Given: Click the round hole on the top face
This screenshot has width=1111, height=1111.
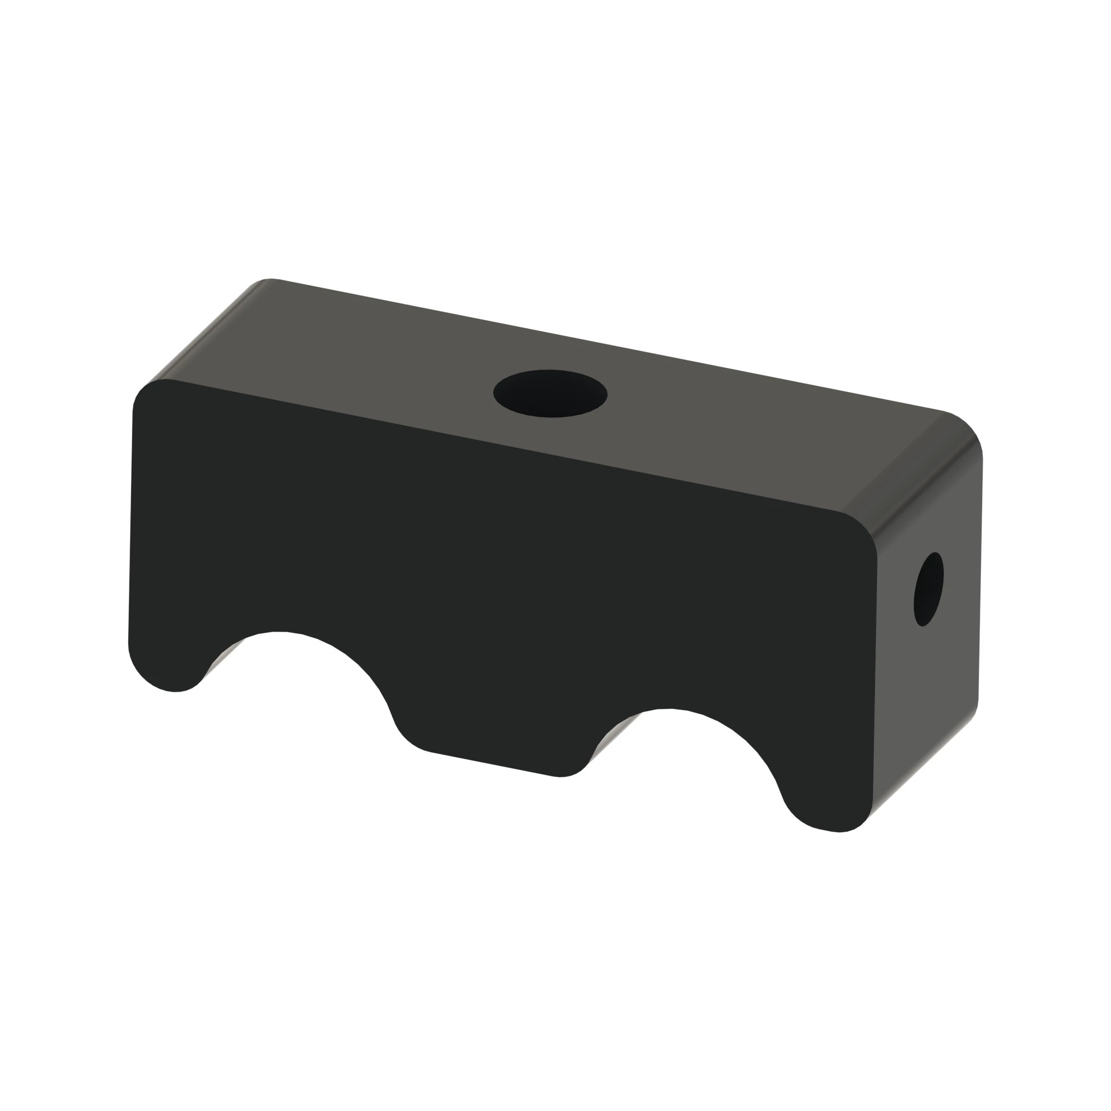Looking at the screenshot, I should [x=550, y=393].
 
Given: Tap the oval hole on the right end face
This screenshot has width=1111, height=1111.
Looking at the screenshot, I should [x=928, y=589].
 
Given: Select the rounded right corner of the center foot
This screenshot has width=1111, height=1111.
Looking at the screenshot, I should [x=575, y=770].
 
